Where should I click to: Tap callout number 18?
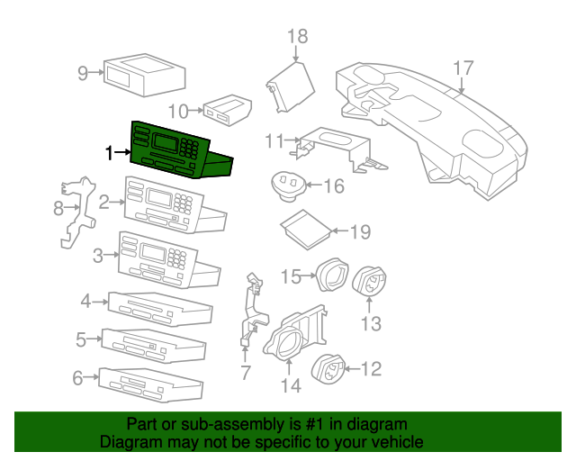coord(298,37)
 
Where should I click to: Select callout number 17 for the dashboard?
coord(463,68)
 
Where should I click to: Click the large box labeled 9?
coord(144,75)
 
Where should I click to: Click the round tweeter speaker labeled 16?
coord(289,185)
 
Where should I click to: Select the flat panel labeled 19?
coord(306,230)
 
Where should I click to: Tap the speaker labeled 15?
coord(332,275)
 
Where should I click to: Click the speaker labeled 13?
coord(369,282)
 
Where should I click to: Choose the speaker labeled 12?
coord(328,369)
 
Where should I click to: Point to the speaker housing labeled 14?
coord(294,333)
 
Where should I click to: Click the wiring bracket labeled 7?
coord(254,309)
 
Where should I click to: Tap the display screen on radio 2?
coord(159,198)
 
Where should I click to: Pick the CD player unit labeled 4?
coord(160,309)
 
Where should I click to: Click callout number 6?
coord(78,378)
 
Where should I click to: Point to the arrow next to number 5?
coord(94,339)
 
